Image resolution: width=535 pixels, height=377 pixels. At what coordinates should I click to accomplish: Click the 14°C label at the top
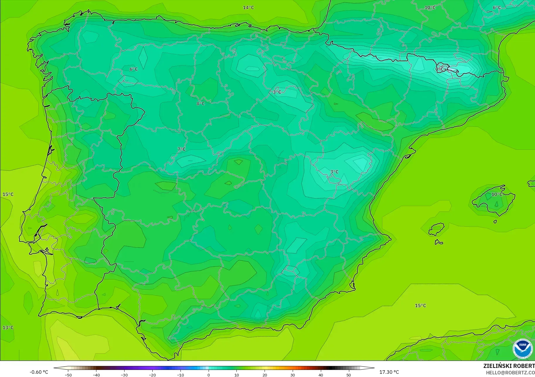point(248,8)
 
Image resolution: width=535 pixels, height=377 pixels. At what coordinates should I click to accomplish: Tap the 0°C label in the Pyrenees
point(439,69)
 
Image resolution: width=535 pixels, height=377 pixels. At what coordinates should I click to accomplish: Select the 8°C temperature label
point(200,104)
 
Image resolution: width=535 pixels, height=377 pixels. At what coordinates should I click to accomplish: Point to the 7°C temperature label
point(181,149)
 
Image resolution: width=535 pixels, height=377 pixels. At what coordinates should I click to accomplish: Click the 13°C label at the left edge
point(8,327)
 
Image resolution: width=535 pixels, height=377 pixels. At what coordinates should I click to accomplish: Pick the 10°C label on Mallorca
point(497,194)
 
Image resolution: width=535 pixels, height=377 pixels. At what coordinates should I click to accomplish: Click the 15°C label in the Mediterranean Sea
point(420,306)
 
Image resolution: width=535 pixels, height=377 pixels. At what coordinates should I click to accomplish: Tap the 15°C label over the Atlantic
point(8,194)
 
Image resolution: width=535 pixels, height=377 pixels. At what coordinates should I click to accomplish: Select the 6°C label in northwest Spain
point(134,69)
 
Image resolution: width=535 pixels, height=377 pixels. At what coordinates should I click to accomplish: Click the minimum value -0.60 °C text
point(39,372)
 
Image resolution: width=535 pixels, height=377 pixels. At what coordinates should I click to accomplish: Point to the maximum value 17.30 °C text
point(389,372)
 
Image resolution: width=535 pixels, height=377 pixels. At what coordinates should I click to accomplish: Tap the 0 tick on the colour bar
point(208,375)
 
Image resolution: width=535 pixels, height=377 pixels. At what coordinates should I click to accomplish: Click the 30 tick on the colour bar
point(293,375)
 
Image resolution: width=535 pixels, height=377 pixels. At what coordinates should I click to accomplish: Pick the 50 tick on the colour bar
point(349,375)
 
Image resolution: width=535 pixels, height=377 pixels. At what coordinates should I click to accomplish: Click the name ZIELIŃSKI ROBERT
point(509,366)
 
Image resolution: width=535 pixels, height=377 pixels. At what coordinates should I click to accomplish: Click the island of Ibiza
point(436,229)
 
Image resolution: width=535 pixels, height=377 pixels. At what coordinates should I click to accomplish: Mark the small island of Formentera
point(439,242)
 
